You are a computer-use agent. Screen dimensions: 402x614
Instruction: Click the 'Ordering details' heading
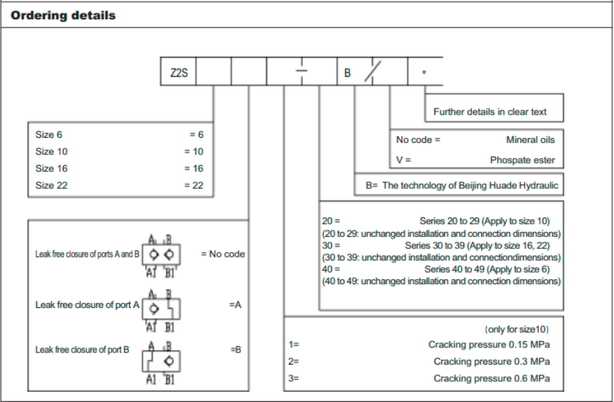[63, 15]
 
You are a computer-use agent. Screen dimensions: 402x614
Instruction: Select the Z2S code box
[179, 73]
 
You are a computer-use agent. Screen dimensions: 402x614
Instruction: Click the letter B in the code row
[347, 73]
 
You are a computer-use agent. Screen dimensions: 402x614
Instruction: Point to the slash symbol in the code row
[373, 73]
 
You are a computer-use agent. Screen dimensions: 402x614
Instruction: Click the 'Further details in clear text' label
[490, 112]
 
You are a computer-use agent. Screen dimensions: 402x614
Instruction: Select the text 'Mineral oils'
[530, 140]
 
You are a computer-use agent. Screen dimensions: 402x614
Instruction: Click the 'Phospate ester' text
[522, 160]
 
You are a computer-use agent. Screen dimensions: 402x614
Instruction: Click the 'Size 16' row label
[52, 169]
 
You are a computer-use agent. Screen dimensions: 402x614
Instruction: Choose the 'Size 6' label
[49, 134]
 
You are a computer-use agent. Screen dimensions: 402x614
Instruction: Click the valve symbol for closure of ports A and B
[160, 254]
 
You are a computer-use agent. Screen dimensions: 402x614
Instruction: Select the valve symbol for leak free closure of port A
[161, 309]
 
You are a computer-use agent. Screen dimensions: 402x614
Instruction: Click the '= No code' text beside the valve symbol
[222, 254]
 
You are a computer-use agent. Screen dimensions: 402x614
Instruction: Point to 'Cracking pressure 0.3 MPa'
[491, 362]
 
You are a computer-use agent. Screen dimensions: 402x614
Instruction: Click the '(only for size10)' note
[516, 329]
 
